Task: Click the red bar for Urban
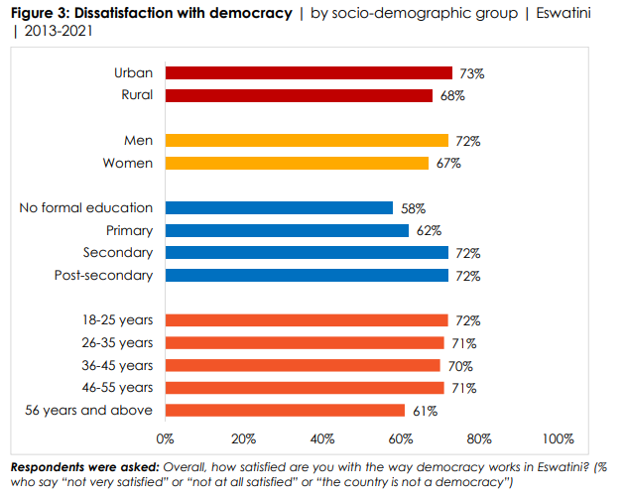(309, 72)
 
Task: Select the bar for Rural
(299, 95)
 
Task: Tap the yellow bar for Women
(297, 163)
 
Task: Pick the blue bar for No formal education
(279, 207)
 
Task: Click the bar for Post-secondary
(307, 275)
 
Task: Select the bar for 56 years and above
(285, 410)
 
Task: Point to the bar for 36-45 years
(303, 365)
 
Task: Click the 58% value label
(414, 208)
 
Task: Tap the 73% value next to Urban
(469, 73)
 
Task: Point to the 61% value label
(425, 411)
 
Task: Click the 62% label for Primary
(429, 231)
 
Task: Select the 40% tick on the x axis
(322, 438)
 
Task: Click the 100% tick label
(559, 438)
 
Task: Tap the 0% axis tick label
(166, 438)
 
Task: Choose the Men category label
(139, 140)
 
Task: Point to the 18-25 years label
(120, 319)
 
